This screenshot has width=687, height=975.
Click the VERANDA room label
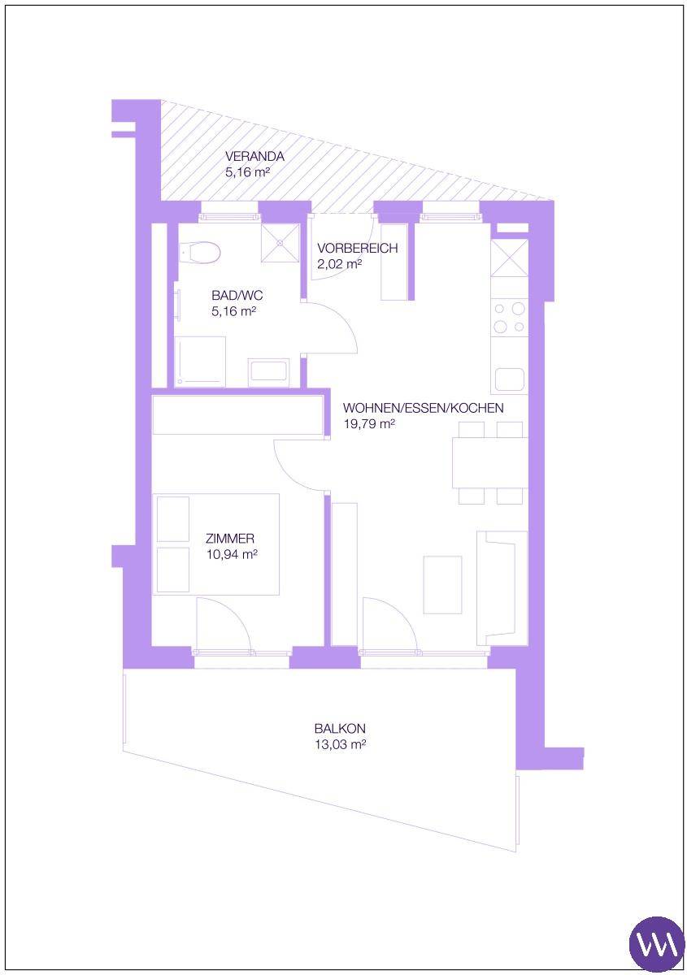click(x=254, y=156)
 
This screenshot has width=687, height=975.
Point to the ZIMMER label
click(x=229, y=539)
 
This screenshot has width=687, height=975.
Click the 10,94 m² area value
click(x=232, y=554)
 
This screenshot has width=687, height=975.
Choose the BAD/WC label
click(x=237, y=296)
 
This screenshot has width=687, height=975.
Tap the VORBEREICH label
click(x=357, y=248)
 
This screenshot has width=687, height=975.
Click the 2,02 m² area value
click(x=340, y=264)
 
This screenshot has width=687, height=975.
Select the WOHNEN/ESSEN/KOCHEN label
click(x=423, y=408)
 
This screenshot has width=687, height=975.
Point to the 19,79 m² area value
click(x=369, y=424)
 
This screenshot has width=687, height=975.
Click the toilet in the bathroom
click(x=200, y=253)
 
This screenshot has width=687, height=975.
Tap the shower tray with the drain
click(x=280, y=243)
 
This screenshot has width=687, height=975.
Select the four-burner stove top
click(x=509, y=318)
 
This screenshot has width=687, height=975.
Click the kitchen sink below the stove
click(x=509, y=381)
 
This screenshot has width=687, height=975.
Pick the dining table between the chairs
click(x=490, y=462)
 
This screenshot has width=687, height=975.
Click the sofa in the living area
click(x=502, y=588)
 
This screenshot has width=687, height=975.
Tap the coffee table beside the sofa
click(x=442, y=585)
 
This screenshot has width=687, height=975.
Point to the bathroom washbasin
click(x=268, y=373)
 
